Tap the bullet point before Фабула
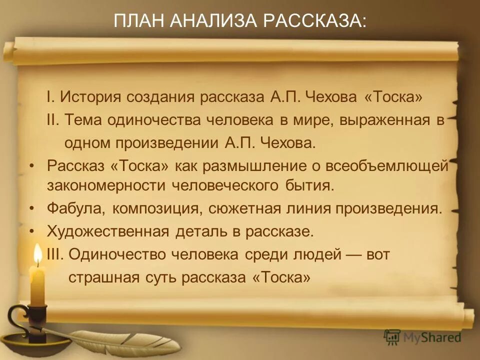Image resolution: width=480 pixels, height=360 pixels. click(x=32, y=208)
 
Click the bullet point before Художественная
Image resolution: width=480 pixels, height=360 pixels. click(x=32, y=231)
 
